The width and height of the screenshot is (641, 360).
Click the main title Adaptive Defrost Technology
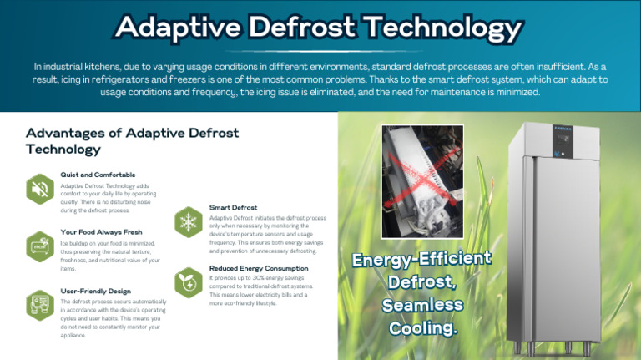(320, 28)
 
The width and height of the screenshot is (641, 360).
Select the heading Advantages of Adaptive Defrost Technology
(132, 141)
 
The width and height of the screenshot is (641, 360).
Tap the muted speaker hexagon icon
(39, 189)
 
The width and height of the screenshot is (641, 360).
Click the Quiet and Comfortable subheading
(98, 175)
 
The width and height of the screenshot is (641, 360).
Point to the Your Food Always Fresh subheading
(101, 231)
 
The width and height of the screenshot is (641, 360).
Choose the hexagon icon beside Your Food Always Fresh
(39, 246)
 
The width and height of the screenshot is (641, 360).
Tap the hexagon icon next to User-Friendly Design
(39, 305)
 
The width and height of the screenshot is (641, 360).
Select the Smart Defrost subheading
(233, 207)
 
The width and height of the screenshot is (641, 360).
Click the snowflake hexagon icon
(189, 221)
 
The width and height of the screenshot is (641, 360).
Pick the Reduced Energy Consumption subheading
(259, 268)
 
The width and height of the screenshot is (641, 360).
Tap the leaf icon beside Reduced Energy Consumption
(189, 282)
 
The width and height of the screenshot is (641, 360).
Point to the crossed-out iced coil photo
(422, 180)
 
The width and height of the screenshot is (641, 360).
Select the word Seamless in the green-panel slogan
(421, 305)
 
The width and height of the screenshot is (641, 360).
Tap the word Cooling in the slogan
(423, 328)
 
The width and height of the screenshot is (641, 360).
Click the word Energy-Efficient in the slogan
(421, 259)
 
